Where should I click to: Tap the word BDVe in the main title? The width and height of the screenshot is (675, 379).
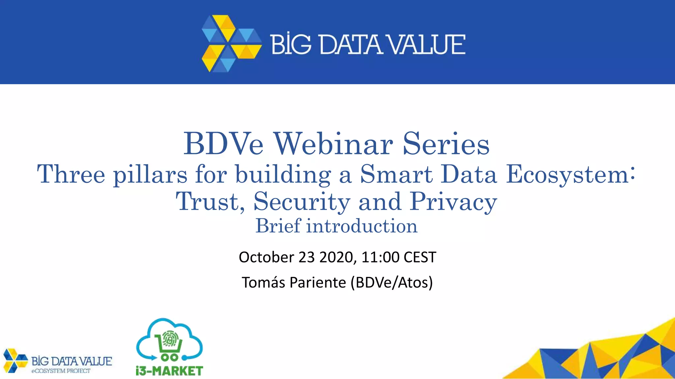(x=223, y=144)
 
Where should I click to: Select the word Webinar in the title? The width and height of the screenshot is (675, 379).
(x=334, y=144)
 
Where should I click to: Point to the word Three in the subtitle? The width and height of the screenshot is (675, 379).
(x=71, y=174)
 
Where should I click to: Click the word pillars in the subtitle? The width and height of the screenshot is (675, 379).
(x=150, y=175)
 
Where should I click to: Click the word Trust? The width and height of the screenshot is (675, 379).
(x=209, y=201)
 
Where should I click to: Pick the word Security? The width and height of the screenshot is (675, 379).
(x=302, y=202)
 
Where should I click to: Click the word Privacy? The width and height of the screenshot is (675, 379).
(x=453, y=202)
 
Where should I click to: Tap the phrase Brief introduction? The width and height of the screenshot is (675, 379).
(x=337, y=226)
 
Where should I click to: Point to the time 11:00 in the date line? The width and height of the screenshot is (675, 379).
(x=380, y=257)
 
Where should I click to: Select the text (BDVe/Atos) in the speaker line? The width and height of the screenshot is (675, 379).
(x=392, y=282)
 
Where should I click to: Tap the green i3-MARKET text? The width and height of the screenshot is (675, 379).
(x=169, y=371)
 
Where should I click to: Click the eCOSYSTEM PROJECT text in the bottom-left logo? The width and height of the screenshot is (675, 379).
(x=61, y=371)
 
